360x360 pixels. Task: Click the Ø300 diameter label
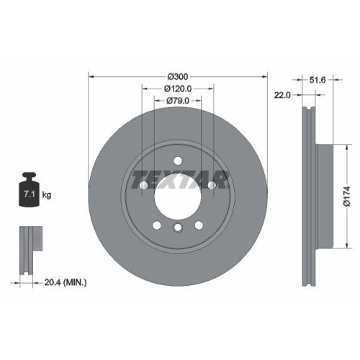[x=177, y=76]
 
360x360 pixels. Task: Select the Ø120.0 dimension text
[x=177, y=89]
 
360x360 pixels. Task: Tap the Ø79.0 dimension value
[x=177, y=101]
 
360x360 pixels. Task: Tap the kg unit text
[x=47, y=195]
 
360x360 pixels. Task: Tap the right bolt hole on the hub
[x=212, y=186]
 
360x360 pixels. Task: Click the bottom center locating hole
[x=177, y=228]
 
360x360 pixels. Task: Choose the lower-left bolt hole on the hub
[x=156, y=226]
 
